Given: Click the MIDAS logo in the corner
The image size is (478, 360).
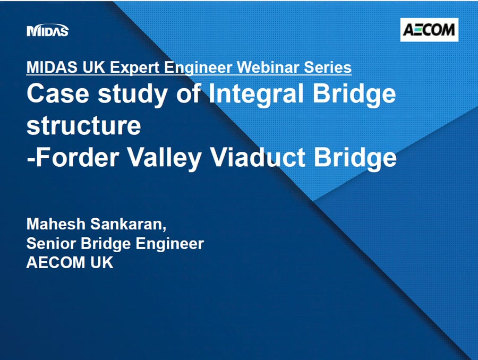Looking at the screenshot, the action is pyautogui.click(x=48, y=30).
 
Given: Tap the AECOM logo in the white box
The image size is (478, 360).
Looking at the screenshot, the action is pyautogui.click(x=429, y=30).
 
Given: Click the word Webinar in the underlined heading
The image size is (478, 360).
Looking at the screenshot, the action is pyautogui.click(x=267, y=67).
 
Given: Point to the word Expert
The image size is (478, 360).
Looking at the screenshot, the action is pyautogui.click(x=134, y=67).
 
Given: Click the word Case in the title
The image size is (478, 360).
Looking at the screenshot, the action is pyautogui.click(x=58, y=93).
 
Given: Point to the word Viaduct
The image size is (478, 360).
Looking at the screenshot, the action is pyautogui.click(x=258, y=157).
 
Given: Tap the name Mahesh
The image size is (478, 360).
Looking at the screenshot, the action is pyautogui.click(x=56, y=224).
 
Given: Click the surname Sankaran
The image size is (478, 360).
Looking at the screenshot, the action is pyautogui.click(x=129, y=225).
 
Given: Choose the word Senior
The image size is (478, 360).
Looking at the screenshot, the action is pyautogui.click(x=51, y=243).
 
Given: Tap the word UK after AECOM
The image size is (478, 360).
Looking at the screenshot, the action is pyautogui.click(x=102, y=262).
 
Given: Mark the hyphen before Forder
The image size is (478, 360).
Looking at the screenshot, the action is pyautogui.click(x=30, y=159).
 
